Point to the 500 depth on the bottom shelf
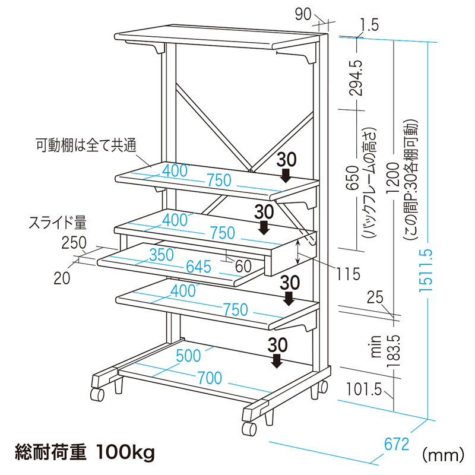(x=189, y=356)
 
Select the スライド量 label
(x=58, y=223)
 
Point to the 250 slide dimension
(x=74, y=242)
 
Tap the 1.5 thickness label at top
(x=368, y=25)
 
